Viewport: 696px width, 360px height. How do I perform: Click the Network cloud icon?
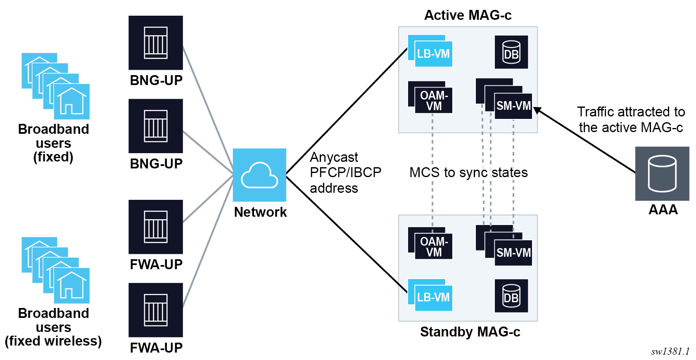(x=259, y=175)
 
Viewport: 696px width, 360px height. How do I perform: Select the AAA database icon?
(x=662, y=173)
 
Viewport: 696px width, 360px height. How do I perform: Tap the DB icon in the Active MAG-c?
(x=511, y=52)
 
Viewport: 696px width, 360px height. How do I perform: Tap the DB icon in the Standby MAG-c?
(x=511, y=296)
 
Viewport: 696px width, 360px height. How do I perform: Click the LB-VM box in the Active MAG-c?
(x=433, y=54)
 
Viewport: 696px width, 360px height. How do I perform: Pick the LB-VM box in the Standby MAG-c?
(x=433, y=297)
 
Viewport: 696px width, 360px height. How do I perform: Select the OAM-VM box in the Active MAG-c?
(x=434, y=100)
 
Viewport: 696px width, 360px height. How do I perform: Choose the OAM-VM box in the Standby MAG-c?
(x=434, y=246)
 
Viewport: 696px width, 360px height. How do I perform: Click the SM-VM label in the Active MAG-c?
(x=513, y=106)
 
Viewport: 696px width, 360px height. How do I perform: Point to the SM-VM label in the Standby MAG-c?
(x=513, y=253)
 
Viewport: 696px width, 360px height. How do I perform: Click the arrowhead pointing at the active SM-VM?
(x=537, y=110)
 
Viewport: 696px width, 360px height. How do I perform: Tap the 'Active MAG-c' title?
(x=468, y=15)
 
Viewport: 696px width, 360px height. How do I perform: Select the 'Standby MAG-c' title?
(x=470, y=332)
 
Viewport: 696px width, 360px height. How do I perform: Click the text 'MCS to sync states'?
(x=468, y=173)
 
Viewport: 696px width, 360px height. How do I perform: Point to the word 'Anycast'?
(x=334, y=157)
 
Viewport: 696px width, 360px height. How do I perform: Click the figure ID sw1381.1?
(x=670, y=351)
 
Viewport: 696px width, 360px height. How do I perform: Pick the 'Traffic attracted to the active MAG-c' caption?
(x=631, y=120)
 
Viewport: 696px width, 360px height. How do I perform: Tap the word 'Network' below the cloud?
(x=260, y=212)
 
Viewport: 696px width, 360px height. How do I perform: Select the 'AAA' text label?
(x=663, y=210)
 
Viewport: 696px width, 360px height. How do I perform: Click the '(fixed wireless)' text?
(x=53, y=341)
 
